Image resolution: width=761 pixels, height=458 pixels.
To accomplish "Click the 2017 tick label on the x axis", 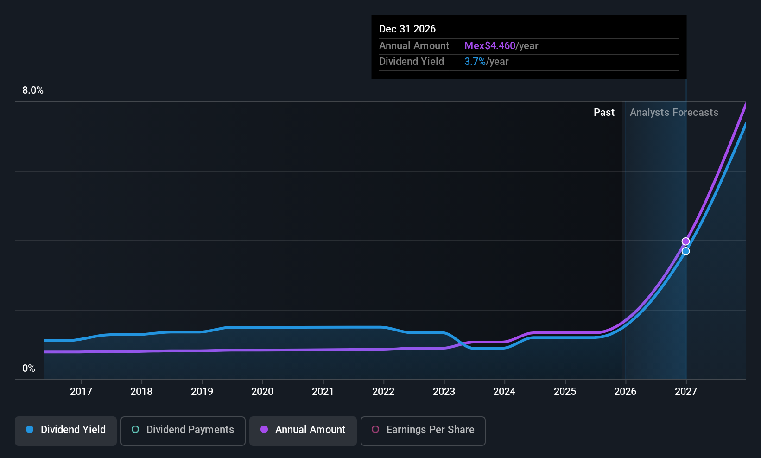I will click(x=81, y=391).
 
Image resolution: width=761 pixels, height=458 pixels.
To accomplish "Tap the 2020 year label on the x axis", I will click(x=262, y=391).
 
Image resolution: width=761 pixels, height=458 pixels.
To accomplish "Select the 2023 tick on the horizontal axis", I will click(x=444, y=391).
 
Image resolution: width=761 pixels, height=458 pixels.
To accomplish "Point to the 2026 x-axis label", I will click(x=625, y=391).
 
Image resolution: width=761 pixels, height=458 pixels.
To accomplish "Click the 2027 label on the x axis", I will click(x=686, y=391).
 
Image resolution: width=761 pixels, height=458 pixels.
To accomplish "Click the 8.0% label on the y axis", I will click(x=32, y=90).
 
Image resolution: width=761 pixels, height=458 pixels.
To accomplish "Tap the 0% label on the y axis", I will click(x=29, y=369).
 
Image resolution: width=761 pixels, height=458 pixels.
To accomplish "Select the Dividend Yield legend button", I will click(x=66, y=430).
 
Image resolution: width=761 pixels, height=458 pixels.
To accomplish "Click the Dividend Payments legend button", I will click(x=183, y=430).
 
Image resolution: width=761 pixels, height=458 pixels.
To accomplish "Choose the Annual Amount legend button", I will click(x=303, y=430).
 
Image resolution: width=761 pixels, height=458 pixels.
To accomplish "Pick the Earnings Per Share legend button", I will click(x=423, y=430).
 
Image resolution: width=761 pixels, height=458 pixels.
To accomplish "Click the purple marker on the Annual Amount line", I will click(x=686, y=242).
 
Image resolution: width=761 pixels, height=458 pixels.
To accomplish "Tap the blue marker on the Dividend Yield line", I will click(x=686, y=251).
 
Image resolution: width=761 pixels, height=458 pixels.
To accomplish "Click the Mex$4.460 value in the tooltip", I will click(x=490, y=46).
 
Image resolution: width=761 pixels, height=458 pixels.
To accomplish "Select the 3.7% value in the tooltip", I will click(x=475, y=62).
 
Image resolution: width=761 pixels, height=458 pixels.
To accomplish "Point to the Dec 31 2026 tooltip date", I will click(x=407, y=29).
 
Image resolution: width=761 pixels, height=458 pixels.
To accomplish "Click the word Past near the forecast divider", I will click(x=604, y=113).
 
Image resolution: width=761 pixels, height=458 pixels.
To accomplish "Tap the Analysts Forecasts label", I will click(x=674, y=113).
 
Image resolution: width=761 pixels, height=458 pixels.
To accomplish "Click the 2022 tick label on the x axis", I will click(x=383, y=391).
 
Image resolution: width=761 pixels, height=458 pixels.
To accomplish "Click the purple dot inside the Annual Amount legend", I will click(x=264, y=429).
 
